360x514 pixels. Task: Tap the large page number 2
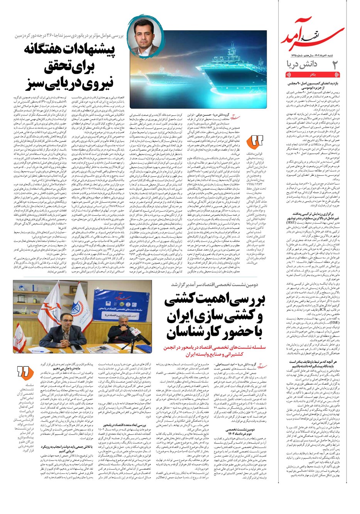point(335,65)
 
